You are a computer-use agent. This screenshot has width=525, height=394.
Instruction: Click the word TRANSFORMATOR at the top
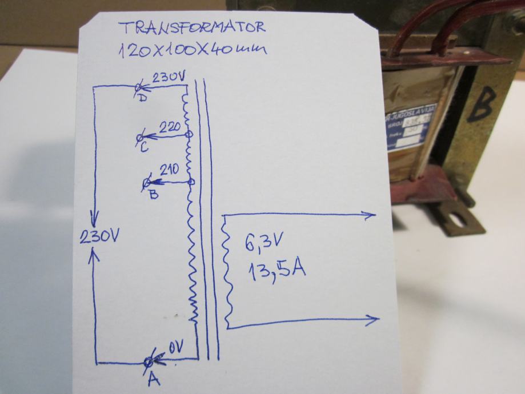pos(191,29)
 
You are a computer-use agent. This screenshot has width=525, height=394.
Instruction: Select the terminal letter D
pos(142,98)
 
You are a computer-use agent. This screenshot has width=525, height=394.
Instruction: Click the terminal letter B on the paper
pos(153,194)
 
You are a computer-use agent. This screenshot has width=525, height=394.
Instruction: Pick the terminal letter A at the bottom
pos(153,379)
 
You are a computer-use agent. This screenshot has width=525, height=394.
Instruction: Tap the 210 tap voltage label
pos(170,170)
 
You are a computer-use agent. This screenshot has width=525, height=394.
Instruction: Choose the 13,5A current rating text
pos(276,268)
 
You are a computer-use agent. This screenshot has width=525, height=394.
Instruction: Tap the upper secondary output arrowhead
pos(371,215)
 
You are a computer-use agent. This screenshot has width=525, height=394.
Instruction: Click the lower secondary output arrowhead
pos(374,320)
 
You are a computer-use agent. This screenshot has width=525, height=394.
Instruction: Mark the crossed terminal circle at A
pos(150,361)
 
